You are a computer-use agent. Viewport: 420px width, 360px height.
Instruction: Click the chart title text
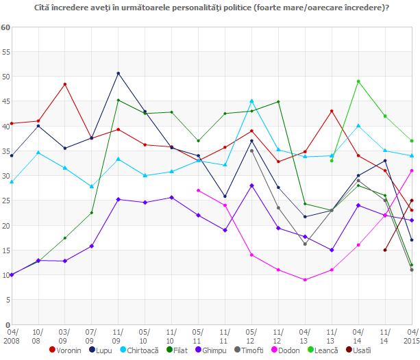point(210,8)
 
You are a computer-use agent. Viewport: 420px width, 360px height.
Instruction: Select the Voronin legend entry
point(70,350)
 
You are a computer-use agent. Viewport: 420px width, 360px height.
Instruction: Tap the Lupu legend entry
point(104,350)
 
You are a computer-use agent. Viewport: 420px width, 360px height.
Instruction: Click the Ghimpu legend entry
point(212,350)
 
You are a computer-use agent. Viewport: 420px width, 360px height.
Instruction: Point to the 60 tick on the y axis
point(5,27)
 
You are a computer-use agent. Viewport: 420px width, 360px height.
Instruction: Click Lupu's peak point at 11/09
point(119,73)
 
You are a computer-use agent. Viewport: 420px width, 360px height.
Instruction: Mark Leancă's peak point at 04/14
point(358,81)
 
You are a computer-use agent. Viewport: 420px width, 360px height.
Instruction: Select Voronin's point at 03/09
point(65,84)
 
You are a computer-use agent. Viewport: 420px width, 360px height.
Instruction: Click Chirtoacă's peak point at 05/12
point(251,101)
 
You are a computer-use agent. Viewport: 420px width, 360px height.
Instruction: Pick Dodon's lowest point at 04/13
point(305,280)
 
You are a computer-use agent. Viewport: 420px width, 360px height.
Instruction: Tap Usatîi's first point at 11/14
point(385,250)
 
